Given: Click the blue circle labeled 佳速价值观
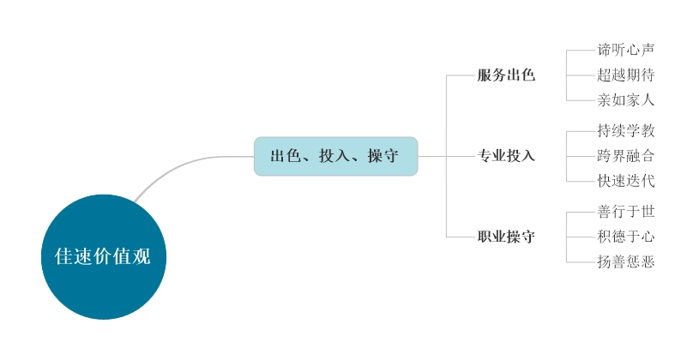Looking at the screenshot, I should pyautogui.click(x=103, y=256).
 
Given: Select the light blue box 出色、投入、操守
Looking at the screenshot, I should pyautogui.click(x=335, y=156).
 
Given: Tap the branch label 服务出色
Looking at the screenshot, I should pyautogui.click(x=506, y=75).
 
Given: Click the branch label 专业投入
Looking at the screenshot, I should pyautogui.click(x=506, y=156).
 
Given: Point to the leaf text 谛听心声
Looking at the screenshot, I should pyautogui.click(x=626, y=51).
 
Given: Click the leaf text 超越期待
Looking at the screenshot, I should pyautogui.click(x=626, y=75).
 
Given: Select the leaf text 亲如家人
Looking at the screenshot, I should pyautogui.click(x=626, y=100).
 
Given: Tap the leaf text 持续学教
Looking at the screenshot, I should pyautogui.click(x=626, y=131).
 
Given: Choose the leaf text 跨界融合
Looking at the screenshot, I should pyautogui.click(x=626, y=156).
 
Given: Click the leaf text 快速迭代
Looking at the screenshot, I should pyautogui.click(x=626, y=181).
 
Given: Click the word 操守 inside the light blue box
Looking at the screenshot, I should pyautogui.click(x=382, y=157).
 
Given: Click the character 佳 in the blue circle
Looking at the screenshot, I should pyautogui.click(x=63, y=256).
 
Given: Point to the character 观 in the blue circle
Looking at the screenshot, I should pyautogui.click(x=142, y=256).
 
